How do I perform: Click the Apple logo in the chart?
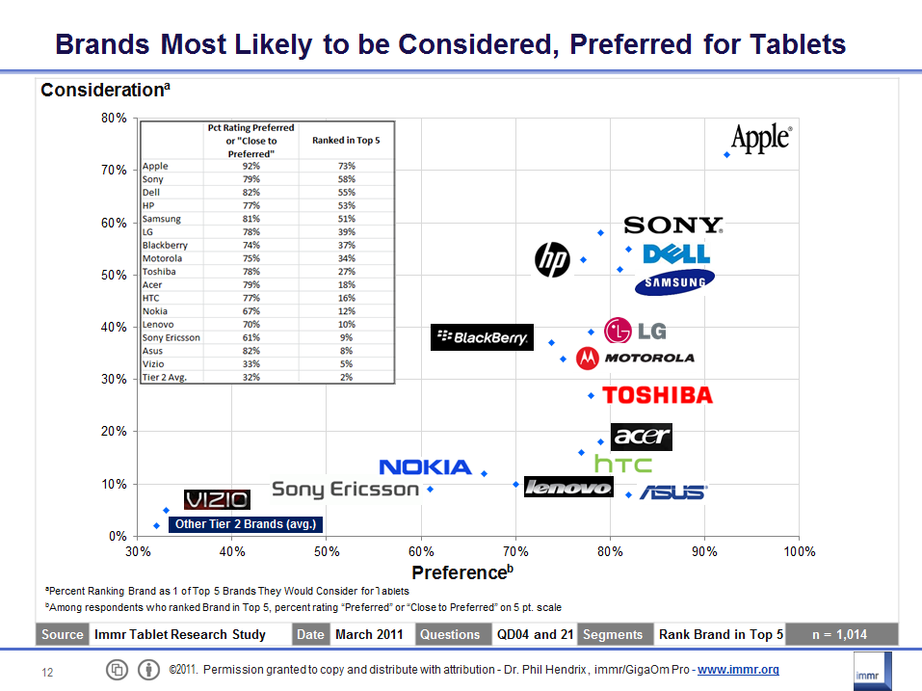pyautogui.click(x=761, y=138)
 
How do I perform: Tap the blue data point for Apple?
pyautogui.click(x=726, y=154)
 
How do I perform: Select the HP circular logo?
pyautogui.click(x=553, y=257)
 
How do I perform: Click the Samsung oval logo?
pyautogui.click(x=674, y=280)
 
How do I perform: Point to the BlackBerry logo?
pyautogui.click(x=482, y=337)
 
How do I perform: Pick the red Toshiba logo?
pyautogui.click(x=657, y=395)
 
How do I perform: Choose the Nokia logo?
pyautogui.click(x=425, y=467)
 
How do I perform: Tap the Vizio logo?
pyautogui.click(x=217, y=499)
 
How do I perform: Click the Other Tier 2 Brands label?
pyautogui.click(x=245, y=524)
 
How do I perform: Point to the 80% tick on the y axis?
pyautogui.click(x=115, y=119)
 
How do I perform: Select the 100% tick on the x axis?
pyautogui.click(x=800, y=551)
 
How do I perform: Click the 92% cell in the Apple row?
pyautogui.click(x=250, y=166)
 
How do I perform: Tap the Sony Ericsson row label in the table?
pyautogui.click(x=171, y=337)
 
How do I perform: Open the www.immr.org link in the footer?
pyautogui.click(x=738, y=670)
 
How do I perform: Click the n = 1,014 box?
pyautogui.click(x=839, y=634)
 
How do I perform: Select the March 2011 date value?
pyautogui.click(x=370, y=634)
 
